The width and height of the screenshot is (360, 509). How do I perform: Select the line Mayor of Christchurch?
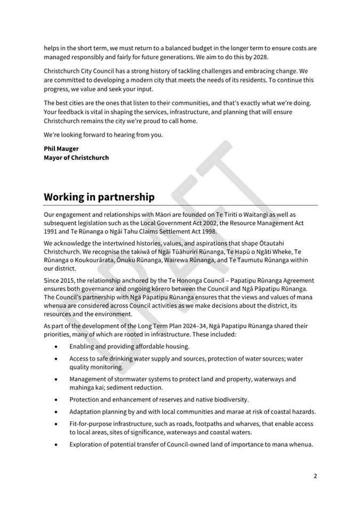[x=76, y=158]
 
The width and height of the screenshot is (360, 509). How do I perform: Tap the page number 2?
[x=315, y=476]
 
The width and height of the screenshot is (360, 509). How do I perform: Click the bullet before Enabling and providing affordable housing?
[x=57, y=346]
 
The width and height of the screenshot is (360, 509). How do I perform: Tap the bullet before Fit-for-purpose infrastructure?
[x=57, y=424]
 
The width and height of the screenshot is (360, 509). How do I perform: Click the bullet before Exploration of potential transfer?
[x=57, y=445]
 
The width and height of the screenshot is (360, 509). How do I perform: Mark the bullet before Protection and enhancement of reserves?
[x=57, y=399]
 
